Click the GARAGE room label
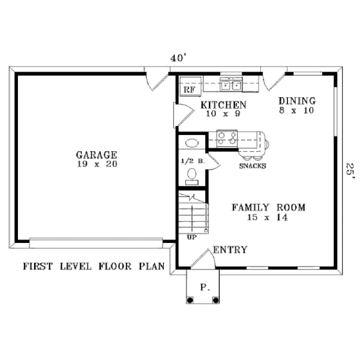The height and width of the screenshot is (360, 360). (97, 155)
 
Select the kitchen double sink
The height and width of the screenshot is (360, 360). (231, 85)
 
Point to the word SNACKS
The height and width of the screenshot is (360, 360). (252, 166)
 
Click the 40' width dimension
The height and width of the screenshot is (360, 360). (178, 58)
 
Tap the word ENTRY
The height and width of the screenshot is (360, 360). (230, 250)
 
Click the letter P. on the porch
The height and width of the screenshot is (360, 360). (205, 288)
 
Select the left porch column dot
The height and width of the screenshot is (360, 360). (190, 300)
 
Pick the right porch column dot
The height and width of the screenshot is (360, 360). (216, 300)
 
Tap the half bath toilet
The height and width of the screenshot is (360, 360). (192, 175)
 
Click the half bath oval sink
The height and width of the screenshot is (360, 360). (192, 143)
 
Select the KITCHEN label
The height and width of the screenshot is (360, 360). (223, 105)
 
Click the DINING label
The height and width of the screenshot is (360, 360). (297, 101)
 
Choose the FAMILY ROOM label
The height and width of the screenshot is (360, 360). (268, 207)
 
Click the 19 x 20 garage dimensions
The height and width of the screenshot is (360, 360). (97, 164)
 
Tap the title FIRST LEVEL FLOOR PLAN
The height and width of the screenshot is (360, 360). (94, 266)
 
